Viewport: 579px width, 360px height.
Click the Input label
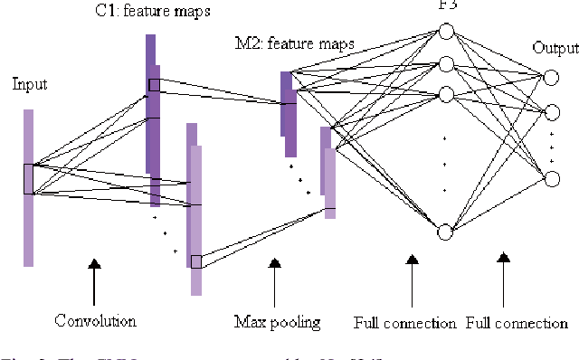29,84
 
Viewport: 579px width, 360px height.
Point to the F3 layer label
443,4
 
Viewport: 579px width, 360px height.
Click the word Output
554,47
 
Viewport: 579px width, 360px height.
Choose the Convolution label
95,320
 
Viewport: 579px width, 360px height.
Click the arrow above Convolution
93,283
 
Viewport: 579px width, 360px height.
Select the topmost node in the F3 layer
444,32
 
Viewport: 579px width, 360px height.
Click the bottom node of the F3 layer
444,233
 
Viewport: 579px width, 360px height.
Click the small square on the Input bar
29,178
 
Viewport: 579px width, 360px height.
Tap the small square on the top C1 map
154,85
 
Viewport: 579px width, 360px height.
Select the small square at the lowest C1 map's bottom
196,261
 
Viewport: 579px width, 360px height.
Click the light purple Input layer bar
29,226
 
